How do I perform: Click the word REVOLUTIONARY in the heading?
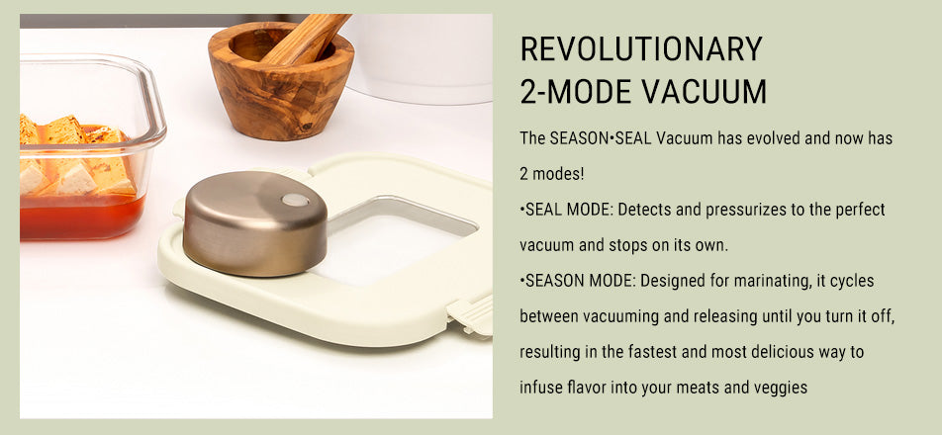[641, 48]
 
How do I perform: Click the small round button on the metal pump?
[295, 200]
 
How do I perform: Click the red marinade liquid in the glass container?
[81, 216]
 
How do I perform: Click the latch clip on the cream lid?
[470, 315]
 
